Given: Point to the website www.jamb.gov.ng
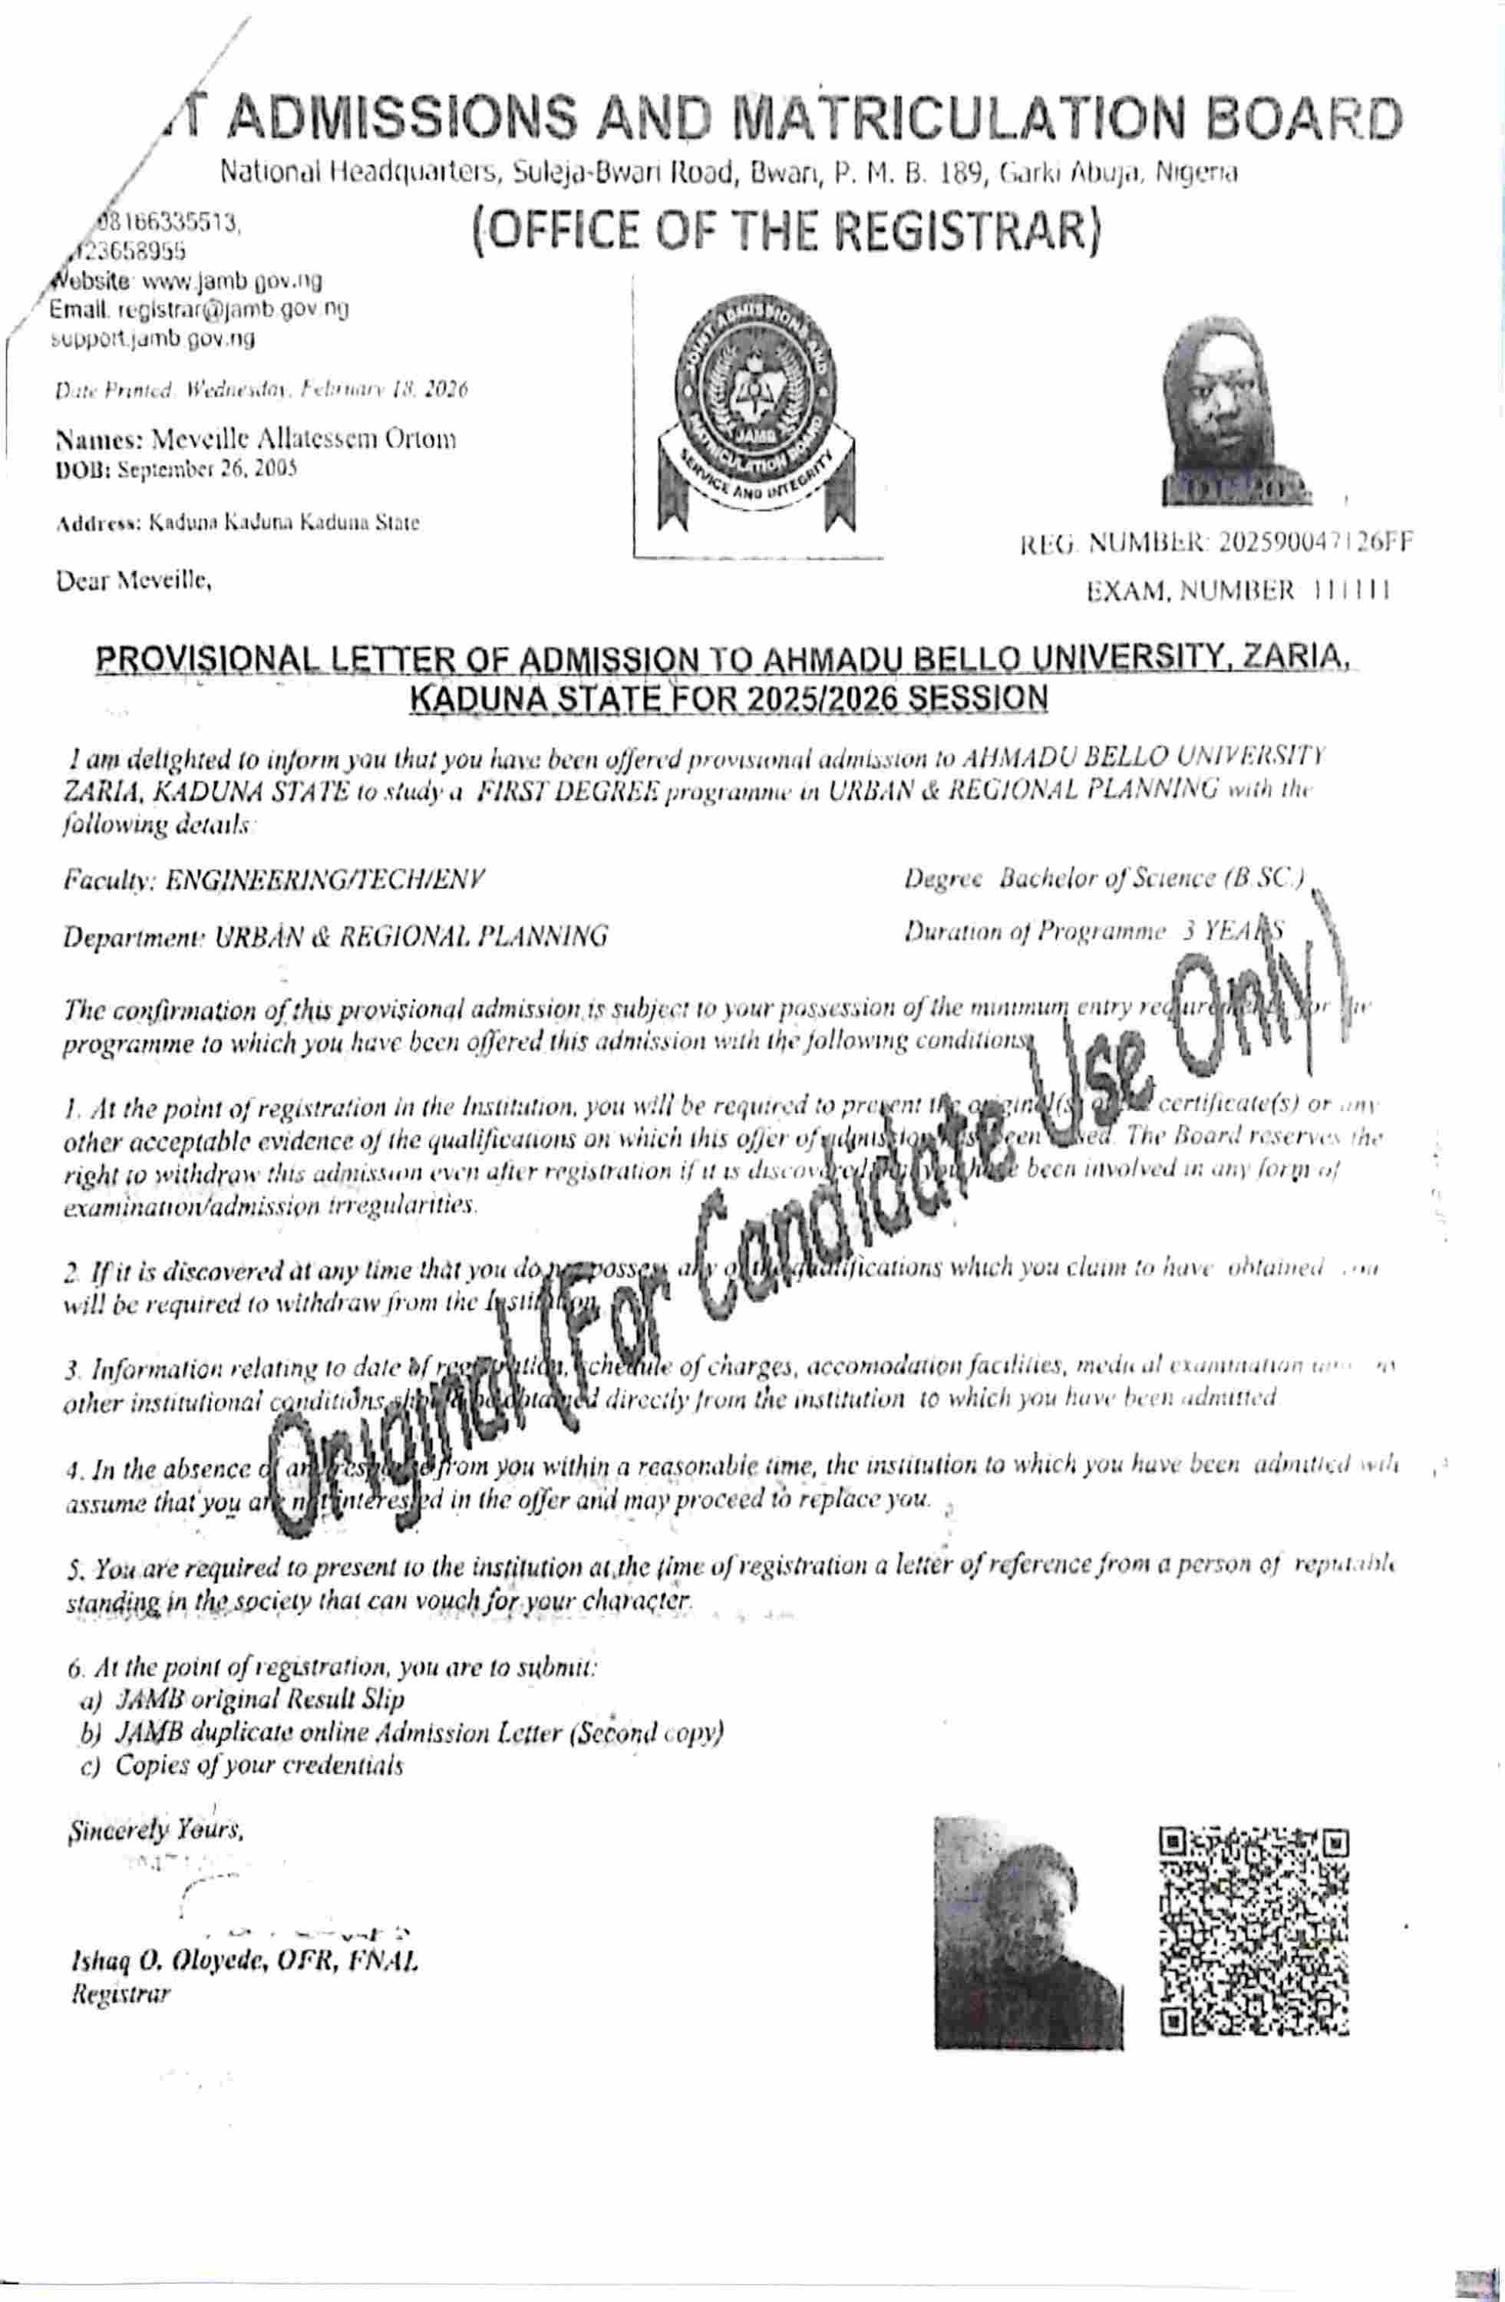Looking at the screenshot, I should [x=231, y=282].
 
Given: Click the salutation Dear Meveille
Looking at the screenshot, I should [x=134, y=583].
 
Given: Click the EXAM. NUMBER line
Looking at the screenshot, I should [x=1238, y=591].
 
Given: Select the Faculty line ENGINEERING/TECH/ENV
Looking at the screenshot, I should [x=274, y=879].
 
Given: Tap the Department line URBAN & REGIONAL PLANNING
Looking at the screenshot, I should [x=335, y=935].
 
